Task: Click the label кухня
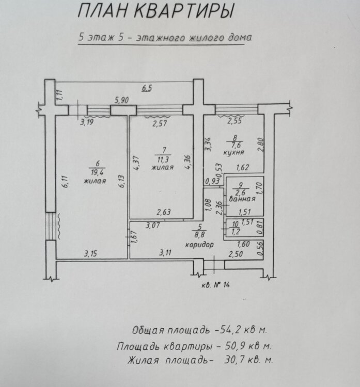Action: [235, 153]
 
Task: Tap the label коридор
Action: [199, 245]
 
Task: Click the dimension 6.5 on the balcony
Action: [147, 88]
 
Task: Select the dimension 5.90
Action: [122, 101]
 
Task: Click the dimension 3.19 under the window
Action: [87, 123]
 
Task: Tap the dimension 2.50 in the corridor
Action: [236, 253]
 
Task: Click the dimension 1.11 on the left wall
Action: [59, 95]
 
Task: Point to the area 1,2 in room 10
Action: [235, 232]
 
